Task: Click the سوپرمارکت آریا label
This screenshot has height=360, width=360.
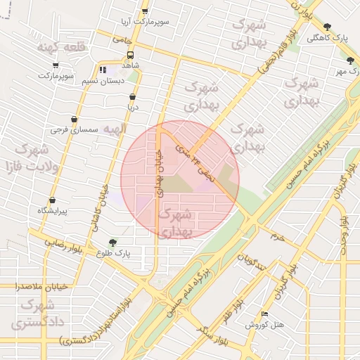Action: [x=146, y=22]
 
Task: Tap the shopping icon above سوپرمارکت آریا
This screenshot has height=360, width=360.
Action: [x=146, y=11]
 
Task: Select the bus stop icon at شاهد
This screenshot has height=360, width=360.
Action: [x=131, y=54]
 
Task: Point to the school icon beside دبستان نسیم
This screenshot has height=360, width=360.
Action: [x=103, y=70]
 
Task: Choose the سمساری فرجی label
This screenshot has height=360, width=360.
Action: [x=75, y=131]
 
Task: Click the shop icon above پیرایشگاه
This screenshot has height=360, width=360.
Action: [x=53, y=200]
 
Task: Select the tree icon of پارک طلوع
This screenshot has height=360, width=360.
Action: [x=112, y=243]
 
